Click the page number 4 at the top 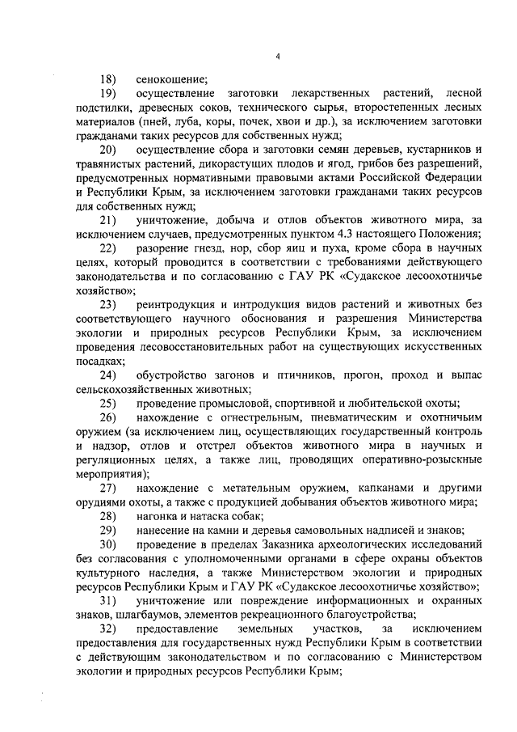(x=276, y=57)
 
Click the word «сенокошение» (x=171, y=79)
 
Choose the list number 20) (x=107, y=151)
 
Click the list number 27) (x=107, y=488)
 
